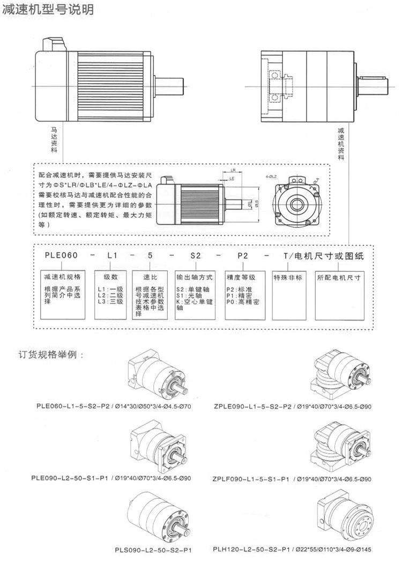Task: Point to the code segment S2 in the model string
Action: click(195, 257)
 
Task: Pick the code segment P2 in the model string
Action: click(242, 257)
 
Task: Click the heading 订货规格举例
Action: click(51, 355)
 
